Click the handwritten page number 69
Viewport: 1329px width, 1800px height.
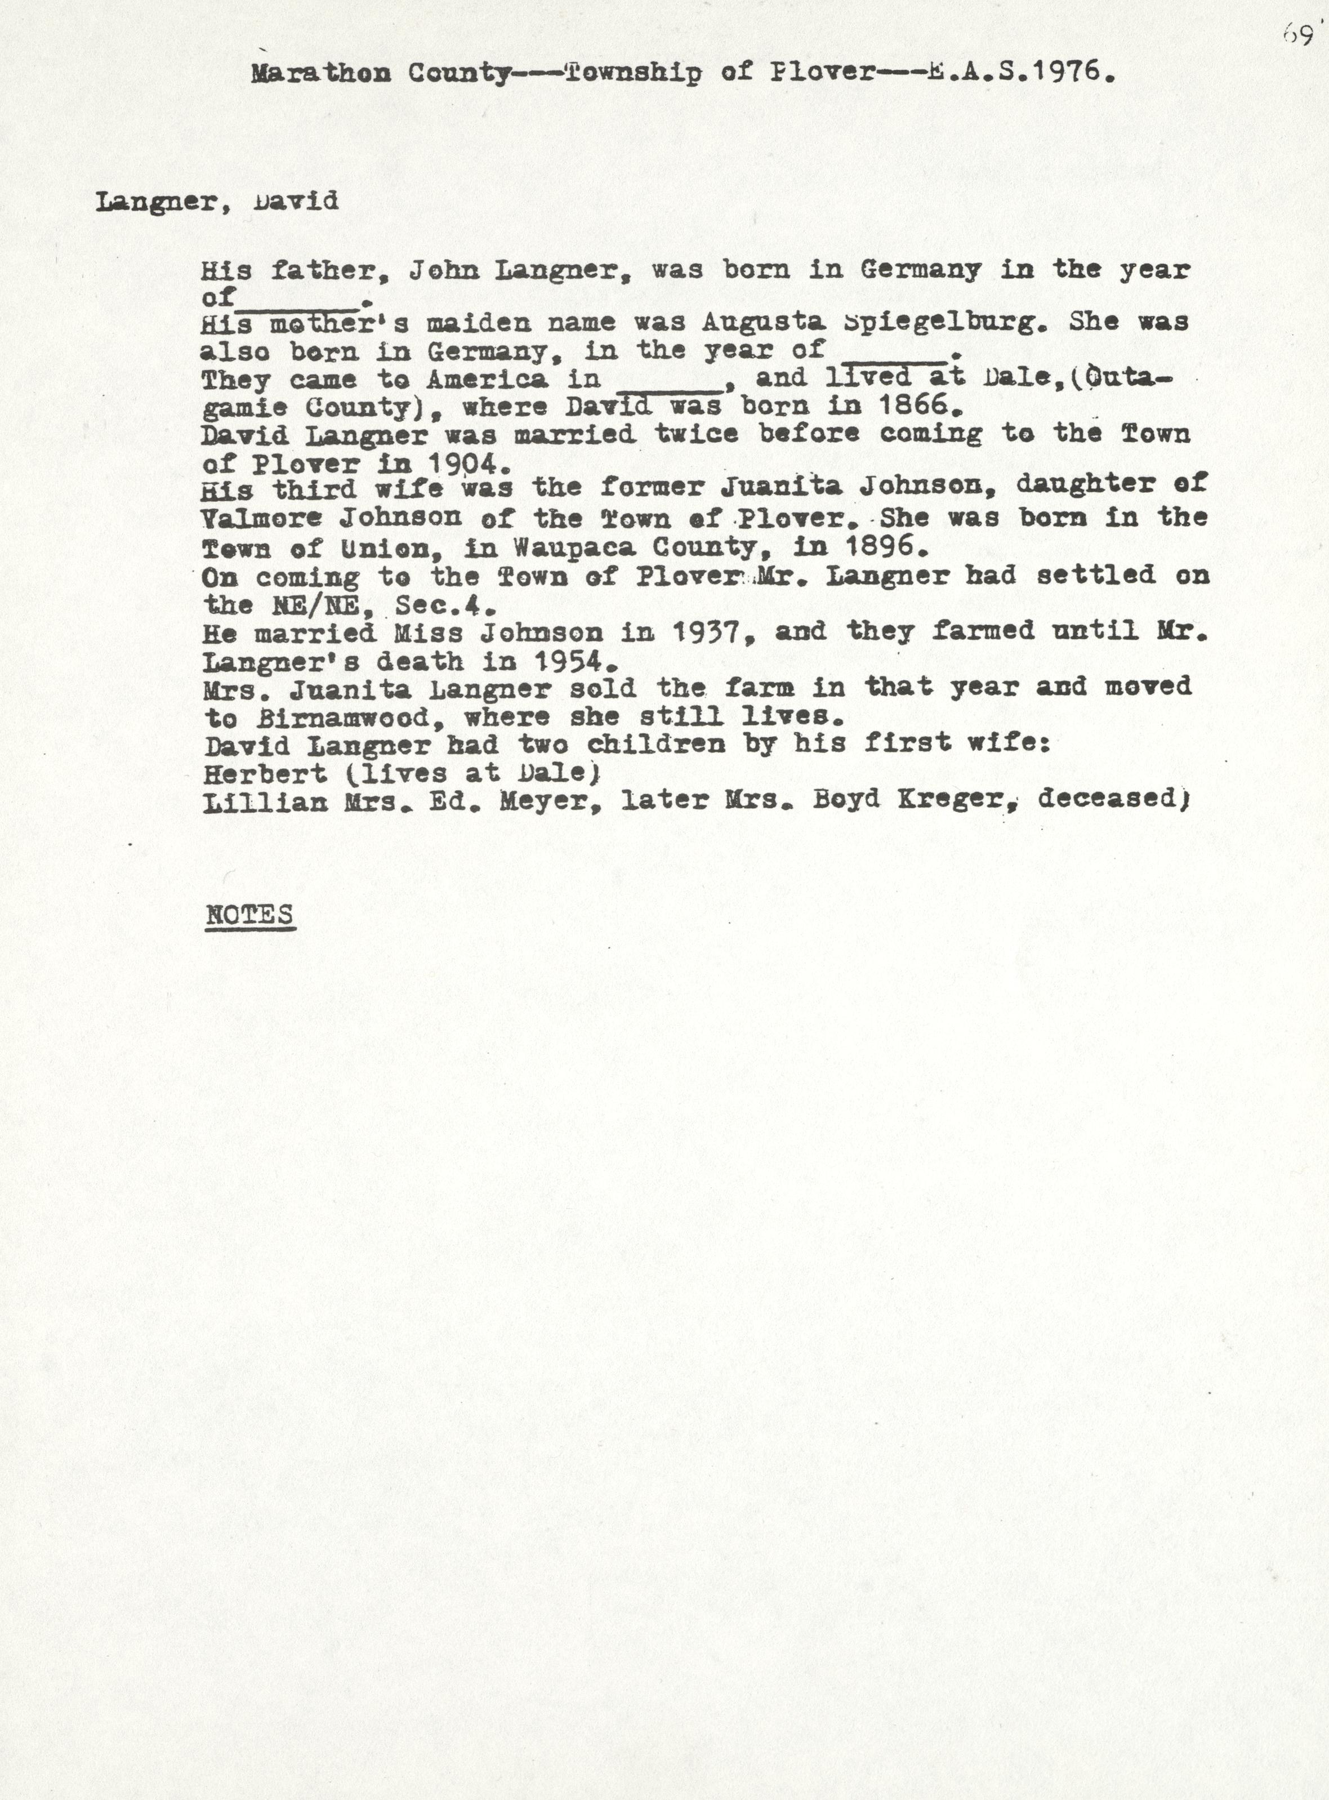pyautogui.click(x=1297, y=36)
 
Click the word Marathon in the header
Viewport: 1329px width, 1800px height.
pyautogui.click(x=320, y=73)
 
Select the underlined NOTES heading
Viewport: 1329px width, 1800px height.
pyautogui.click(x=249, y=915)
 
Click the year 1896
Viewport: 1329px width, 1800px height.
pyautogui.click(x=881, y=547)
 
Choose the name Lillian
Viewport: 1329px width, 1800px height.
pyautogui.click(x=265, y=801)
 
